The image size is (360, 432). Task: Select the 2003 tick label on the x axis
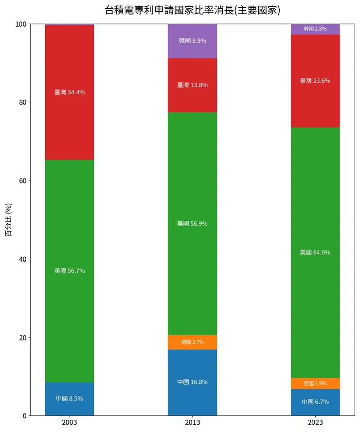coord(69,423)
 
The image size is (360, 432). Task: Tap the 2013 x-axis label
coord(192,423)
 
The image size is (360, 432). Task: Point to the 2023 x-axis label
coord(315,423)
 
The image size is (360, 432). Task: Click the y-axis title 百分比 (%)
coord(8,220)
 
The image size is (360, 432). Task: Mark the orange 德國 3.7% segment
coord(192,342)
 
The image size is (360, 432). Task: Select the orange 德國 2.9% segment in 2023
coord(315,383)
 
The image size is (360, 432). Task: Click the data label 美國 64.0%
coord(315,252)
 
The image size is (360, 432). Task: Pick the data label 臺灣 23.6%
coord(315,81)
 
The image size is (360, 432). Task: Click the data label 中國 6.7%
coord(315,402)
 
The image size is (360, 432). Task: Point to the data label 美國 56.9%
coord(192,224)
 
